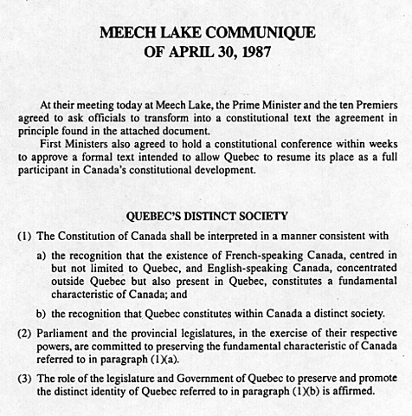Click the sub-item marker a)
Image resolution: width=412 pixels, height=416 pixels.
point(42,256)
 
